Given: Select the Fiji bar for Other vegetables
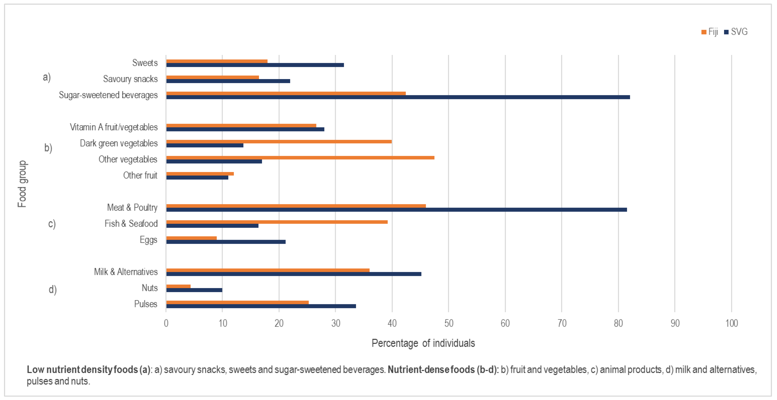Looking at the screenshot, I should click(300, 158).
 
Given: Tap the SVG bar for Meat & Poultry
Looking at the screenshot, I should click(396, 210).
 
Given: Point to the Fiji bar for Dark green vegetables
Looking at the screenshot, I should click(279, 142).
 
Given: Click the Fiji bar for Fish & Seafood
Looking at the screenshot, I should click(277, 222).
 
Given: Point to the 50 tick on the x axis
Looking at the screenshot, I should click(449, 323).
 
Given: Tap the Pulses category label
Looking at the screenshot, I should click(146, 304).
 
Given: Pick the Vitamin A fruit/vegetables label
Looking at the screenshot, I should click(114, 127).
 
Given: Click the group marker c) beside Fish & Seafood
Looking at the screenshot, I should click(52, 224).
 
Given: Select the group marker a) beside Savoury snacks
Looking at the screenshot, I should click(46, 77).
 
